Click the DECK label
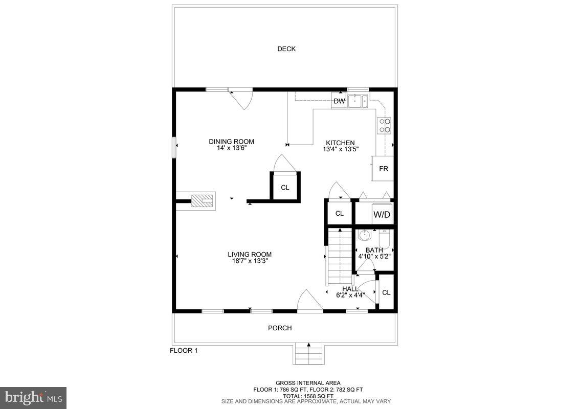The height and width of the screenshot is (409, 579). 286,49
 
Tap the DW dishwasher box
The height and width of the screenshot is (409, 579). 339,101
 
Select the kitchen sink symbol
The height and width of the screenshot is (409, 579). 358,101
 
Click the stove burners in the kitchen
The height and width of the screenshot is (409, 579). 384,125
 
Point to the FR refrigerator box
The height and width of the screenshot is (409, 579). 383,169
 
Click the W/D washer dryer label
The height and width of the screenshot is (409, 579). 382,215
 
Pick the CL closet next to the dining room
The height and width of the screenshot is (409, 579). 285,188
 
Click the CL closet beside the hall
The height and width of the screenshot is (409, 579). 386,293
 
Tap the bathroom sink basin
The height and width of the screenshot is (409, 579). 364,236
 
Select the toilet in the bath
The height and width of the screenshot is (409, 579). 384,238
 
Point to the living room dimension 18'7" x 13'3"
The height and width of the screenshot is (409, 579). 250,261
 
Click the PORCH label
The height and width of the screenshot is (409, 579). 280,328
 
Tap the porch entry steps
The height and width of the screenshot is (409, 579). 308,354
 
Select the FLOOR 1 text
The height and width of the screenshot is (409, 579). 184,351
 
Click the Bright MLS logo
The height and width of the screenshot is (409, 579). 33,397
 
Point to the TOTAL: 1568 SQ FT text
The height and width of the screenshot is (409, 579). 308,395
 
